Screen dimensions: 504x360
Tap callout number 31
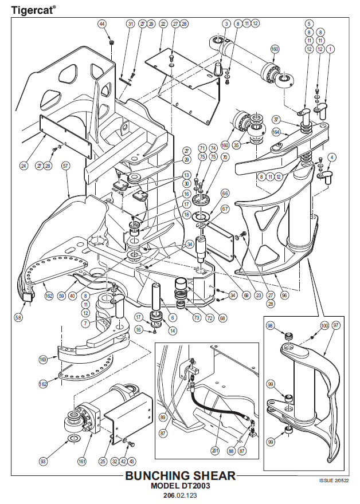pyautogui.click(x=130, y=24)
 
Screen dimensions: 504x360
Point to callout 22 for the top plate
pyautogui.click(x=163, y=24)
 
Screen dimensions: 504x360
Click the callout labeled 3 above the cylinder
pyautogui.click(x=226, y=24)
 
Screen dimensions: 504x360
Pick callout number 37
pyautogui.click(x=276, y=119)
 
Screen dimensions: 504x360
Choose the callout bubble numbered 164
pyautogui.click(x=276, y=132)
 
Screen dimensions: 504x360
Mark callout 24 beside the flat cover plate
pyautogui.click(x=24, y=166)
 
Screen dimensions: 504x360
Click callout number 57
pyautogui.click(x=65, y=166)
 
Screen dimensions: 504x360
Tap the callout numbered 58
pyautogui.click(x=19, y=317)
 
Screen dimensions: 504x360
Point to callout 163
pyautogui.click(x=42, y=359)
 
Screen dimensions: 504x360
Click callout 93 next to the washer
pyautogui.click(x=42, y=460)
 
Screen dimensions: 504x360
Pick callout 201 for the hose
pyautogui.click(x=215, y=451)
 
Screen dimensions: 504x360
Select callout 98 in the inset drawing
pyautogui.click(x=271, y=325)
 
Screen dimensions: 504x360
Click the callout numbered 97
pyautogui.click(x=336, y=325)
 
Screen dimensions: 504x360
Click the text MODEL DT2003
pyautogui.click(x=180, y=486)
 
